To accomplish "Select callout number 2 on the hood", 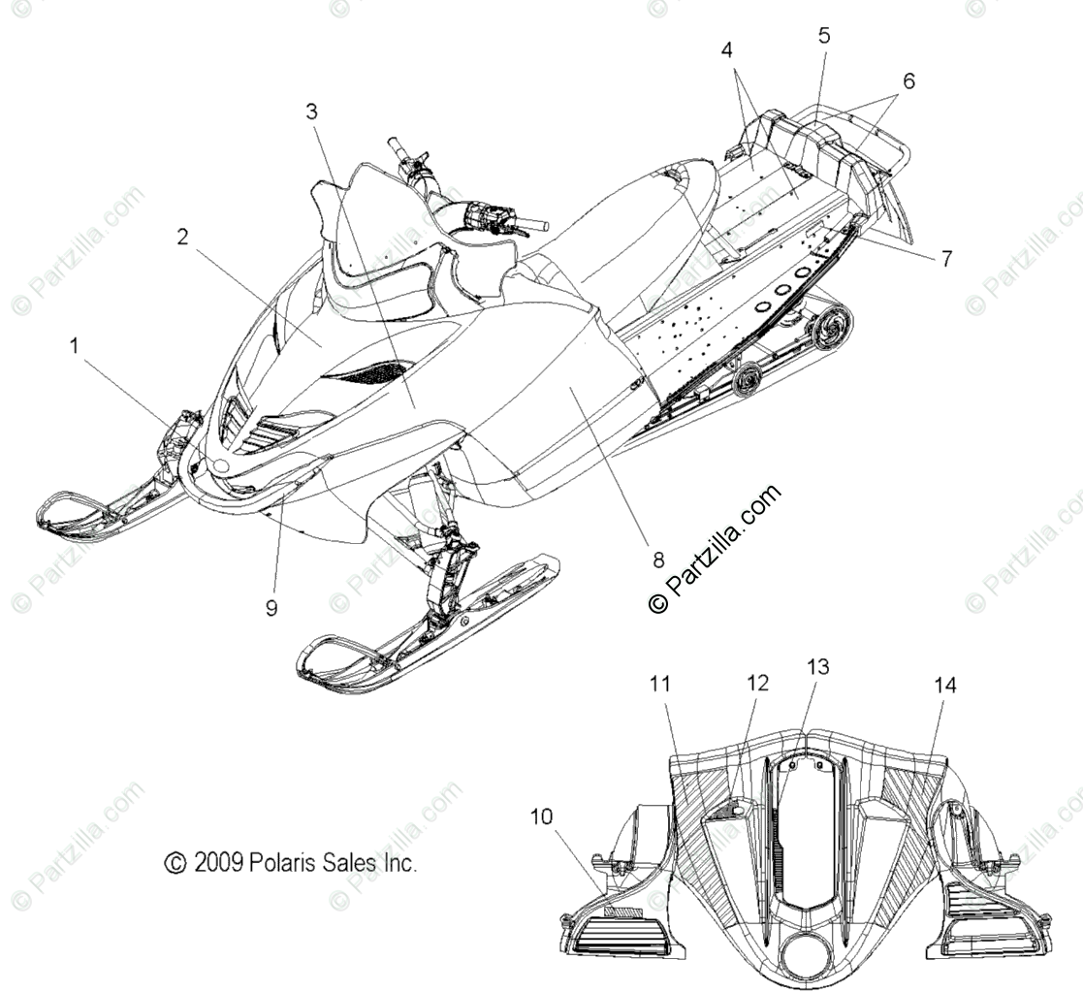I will click(x=181, y=237).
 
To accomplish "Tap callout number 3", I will click(x=311, y=111).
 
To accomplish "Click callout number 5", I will click(x=823, y=36).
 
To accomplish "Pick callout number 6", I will click(x=908, y=81).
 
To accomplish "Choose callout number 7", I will click(x=945, y=258).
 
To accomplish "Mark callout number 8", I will click(x=657, y=559).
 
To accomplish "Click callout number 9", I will click(x=271, y=607).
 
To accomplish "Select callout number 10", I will click(x=541, y=816).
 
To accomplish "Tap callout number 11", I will click(x=660, y=685).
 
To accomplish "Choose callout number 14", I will click(x=944, y=686).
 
